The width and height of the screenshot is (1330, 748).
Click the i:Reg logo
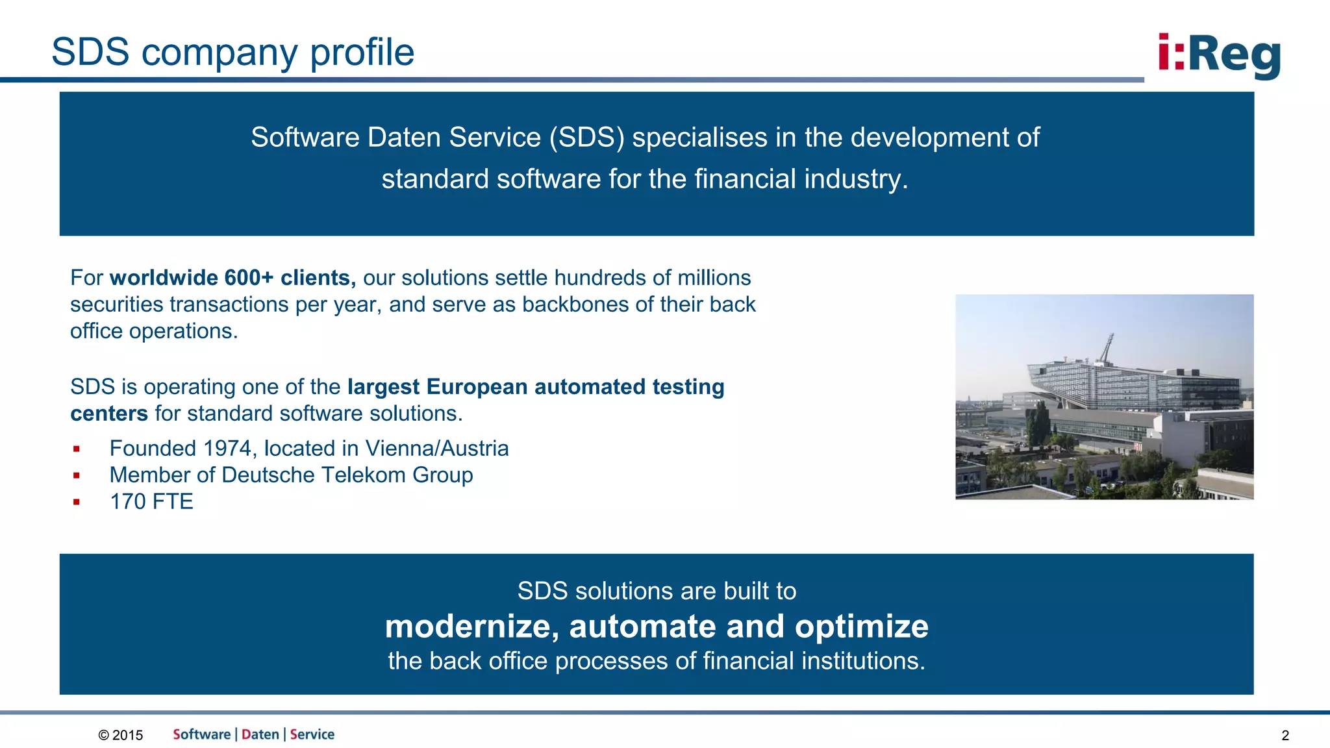point(1219,56)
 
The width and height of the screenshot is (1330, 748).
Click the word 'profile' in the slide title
point(362,53)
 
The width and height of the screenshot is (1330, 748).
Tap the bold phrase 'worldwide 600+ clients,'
point(232,278)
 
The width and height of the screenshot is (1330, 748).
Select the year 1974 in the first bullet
point(227,449)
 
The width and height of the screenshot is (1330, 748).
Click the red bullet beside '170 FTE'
point(77,502)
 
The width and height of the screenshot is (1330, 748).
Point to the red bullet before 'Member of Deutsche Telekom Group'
point(77,475)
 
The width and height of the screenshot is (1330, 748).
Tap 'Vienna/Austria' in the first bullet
point(436,449)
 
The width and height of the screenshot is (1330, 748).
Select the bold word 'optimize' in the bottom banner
point(861,627)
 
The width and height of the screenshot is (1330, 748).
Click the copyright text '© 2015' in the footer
point(121,735)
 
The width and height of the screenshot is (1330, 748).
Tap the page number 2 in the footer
point(1285,736)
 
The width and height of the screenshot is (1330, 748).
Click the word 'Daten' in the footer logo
point(260,734)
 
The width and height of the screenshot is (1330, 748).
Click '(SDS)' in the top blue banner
point(586,138)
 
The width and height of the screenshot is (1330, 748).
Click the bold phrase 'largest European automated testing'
point(536,387)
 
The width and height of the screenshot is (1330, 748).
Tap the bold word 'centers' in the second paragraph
point(109,414)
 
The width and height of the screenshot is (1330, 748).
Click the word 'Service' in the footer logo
point(312,734)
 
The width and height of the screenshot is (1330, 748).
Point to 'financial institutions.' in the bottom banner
point(814,661)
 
